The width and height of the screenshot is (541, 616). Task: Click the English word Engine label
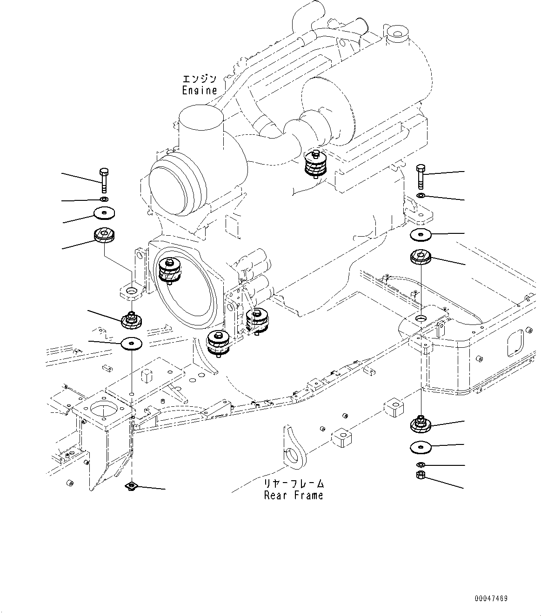pyautogui.click(x=200, y=90)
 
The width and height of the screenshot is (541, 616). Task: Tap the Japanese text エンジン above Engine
pyautogui.click(x=200, y=79)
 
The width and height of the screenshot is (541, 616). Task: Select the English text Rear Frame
pyautogui.click(x=293, y=495)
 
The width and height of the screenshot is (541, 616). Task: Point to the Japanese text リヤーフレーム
pyautogui.click(x=294, y=484)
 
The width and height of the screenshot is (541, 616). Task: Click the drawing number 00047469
pyautogui.click(x=491, y=598)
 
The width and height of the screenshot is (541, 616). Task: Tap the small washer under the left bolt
pyautogui.click(x=104, y=199)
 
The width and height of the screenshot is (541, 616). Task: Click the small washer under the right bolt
pyautogui.click(x=421, y=195)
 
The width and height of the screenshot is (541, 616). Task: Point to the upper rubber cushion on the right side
pyautogui.click(x=421, y=257)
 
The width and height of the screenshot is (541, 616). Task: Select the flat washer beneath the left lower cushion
pyautogui.click(x=132, y=344)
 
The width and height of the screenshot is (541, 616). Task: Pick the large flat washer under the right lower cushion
pyautogui.click(x=421, y=447)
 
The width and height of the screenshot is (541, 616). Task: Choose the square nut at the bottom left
pyautogui.click(x=132, y=486)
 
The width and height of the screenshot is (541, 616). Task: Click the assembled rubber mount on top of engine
pyautogui.click(x=315, y=165)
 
